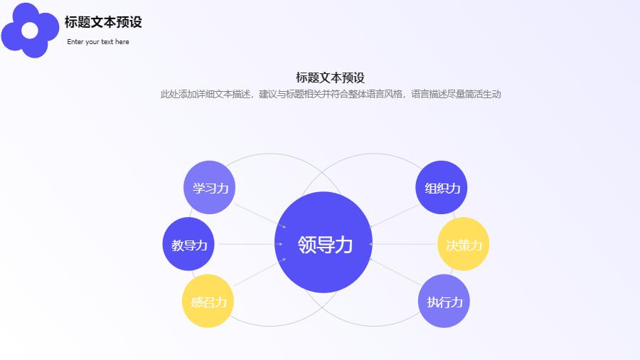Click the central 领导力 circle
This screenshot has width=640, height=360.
click(324, 243)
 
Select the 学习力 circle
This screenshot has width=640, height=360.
click(210, 188)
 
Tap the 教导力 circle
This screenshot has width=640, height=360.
click(188, 244)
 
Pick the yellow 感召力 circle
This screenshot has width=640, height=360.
click(208, 301)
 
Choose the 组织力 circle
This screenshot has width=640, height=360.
click(442, 188)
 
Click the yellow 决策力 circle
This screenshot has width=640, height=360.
click(464, 244)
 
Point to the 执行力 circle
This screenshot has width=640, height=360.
click(444, 301)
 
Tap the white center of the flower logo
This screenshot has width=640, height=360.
click(30, 31)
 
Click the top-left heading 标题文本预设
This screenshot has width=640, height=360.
click(103, 22)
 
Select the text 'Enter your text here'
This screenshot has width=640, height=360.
click(98, 42)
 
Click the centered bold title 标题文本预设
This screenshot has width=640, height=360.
click(330, 78)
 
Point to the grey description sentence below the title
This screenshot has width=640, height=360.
click(330, 94)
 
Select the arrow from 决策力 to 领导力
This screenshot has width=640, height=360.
click(402, 244)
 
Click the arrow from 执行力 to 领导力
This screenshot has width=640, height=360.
click(395, 273)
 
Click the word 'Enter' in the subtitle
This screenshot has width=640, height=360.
click(75, 42)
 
